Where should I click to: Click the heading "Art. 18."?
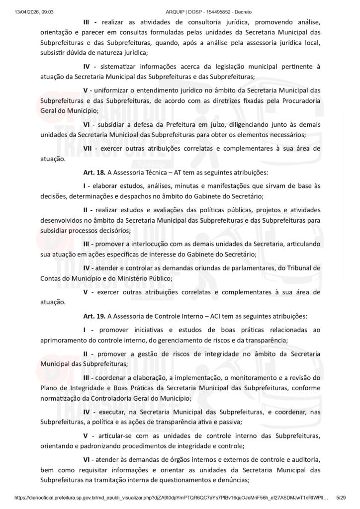coord(94,173)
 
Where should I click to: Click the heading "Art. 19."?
coord(94,316)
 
